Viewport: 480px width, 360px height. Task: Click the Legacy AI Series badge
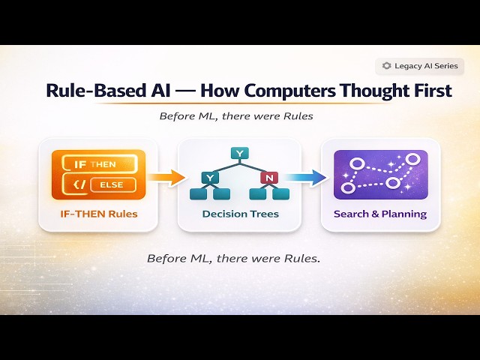tap(419, 66)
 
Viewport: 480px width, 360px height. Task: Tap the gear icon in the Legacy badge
tap(387, 66)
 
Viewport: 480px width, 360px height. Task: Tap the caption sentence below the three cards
tap(233, 259)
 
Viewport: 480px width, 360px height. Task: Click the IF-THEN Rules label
tap(98, 214)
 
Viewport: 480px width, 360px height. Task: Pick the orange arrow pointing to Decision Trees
tap(165, 178)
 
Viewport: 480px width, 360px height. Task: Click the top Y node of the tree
tap(239, 154)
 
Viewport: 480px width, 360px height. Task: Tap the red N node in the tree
tap(268, 178)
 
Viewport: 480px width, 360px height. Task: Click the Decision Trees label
tap(240, 214)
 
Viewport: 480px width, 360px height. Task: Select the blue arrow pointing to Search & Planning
tap(308, 178)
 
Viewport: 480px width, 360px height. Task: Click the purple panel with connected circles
tap(380, 175)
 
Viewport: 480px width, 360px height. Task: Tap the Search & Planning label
tap(380, 214)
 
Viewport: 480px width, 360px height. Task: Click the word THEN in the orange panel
tap(102, 163)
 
